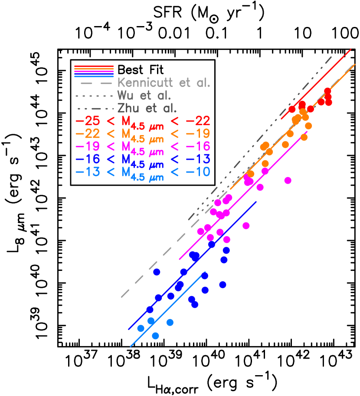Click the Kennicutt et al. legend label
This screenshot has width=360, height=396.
(x=164, y=83)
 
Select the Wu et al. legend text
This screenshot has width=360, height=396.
(x=144, y=96)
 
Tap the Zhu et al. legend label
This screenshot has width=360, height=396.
(x=147, y=108)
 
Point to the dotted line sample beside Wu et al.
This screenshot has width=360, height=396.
(x=94, y=96)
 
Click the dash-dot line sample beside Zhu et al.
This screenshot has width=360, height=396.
(x=94, y=108)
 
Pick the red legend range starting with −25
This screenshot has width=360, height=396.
(x=143, y=121)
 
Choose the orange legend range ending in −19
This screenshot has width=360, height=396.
(x=143, y=134)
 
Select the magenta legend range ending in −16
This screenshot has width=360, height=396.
(x=143, y=146)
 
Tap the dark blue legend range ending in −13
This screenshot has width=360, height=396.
(x=143, y=159)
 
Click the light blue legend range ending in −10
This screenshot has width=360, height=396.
(x=143, y=172)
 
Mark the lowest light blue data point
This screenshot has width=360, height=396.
(x=155, y=336)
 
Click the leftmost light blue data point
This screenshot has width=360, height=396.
(x=141, y=328)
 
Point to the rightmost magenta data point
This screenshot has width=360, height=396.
(x=288, y=180)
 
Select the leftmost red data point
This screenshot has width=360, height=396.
(x=292, y=109)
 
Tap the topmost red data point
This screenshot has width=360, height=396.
(x=327, y=91)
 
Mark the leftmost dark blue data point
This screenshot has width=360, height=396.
(x=150, y=310)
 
